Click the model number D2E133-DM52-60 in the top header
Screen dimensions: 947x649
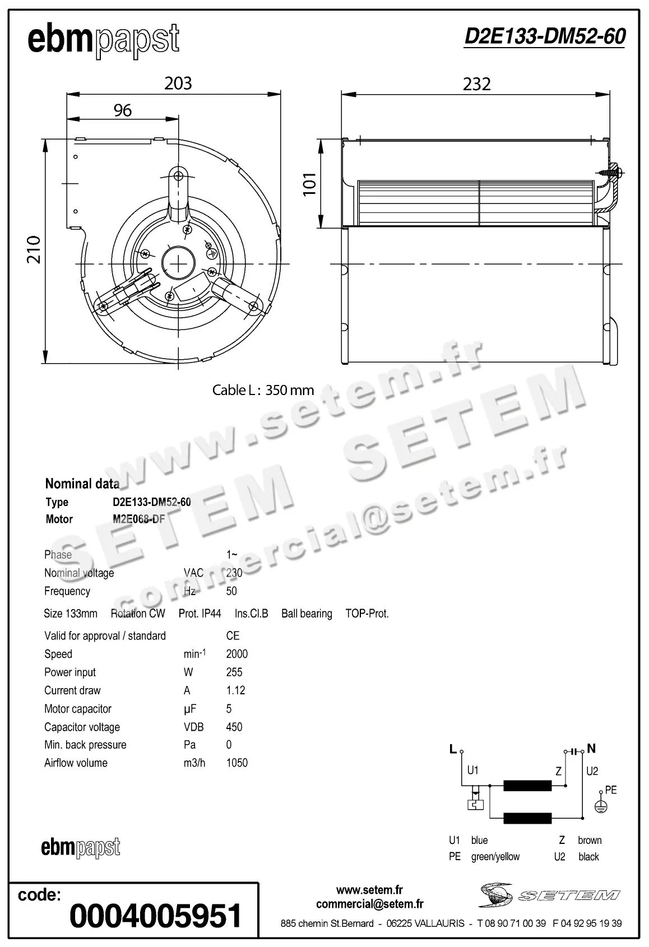(x=545, y=37)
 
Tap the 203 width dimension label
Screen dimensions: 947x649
(x=178, y=83)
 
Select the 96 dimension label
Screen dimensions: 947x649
(x=122, y=110)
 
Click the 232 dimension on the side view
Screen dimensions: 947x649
(x=476, y=84)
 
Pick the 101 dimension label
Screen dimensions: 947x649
(x=310, y=184)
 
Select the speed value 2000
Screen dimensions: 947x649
(x=237, y=654)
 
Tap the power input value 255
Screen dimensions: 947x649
(x=234, y=672)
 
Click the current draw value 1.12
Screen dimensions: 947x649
(x=235, y=690)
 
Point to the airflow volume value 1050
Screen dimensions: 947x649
(x=237, y=763)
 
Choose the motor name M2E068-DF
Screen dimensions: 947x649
(x=139, y=519)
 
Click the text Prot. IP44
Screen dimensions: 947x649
(x=200, y=614)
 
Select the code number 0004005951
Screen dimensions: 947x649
(x=156, y=915)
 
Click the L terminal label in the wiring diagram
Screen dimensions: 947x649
(x=453, y=749)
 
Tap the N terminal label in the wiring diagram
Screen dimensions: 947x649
(x=591, y=749)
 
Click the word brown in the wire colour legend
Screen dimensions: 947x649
(x=590, y=840)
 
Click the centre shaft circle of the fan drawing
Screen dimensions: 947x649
(x=178, y=263)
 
